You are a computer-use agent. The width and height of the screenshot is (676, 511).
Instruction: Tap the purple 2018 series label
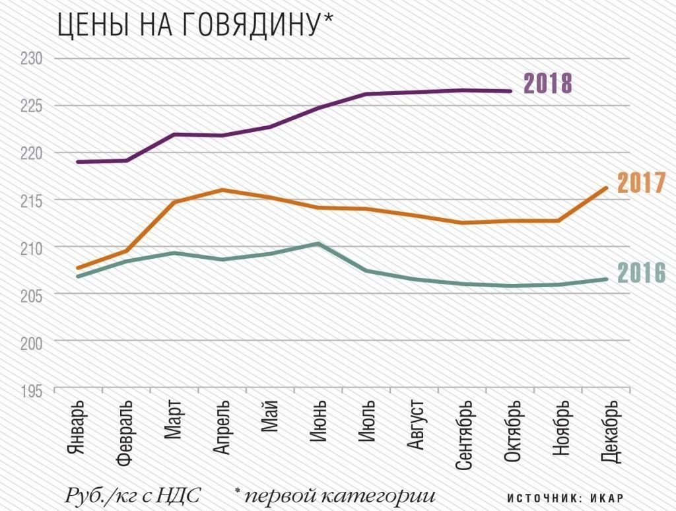pos(547,85)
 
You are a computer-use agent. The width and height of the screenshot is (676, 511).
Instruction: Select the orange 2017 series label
pos(640,184)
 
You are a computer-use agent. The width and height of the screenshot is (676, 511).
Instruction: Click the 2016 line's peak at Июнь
pos(318,244)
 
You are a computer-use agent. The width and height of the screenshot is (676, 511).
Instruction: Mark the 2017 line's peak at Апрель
pos(222,190)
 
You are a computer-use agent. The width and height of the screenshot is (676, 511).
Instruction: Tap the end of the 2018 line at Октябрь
pos(510,91)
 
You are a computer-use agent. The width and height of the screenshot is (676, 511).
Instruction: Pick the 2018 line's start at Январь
pos(78,162)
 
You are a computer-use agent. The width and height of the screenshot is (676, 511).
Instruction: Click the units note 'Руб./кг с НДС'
pos(133,494)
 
